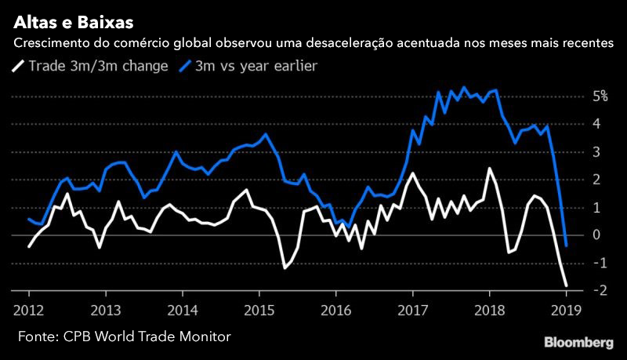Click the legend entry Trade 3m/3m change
[98, 66]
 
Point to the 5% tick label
[600, 96]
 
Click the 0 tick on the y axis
[602, 235]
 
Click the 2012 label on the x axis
[29, 308]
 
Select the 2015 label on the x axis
[259, 308]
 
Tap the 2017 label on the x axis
[412, 308]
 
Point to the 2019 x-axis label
[566, 308]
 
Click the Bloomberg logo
[578, 342]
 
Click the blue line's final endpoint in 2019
[567, 245]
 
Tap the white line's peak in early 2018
[489, 169]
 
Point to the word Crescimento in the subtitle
[51, 42]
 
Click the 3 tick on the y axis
[602, 151]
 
